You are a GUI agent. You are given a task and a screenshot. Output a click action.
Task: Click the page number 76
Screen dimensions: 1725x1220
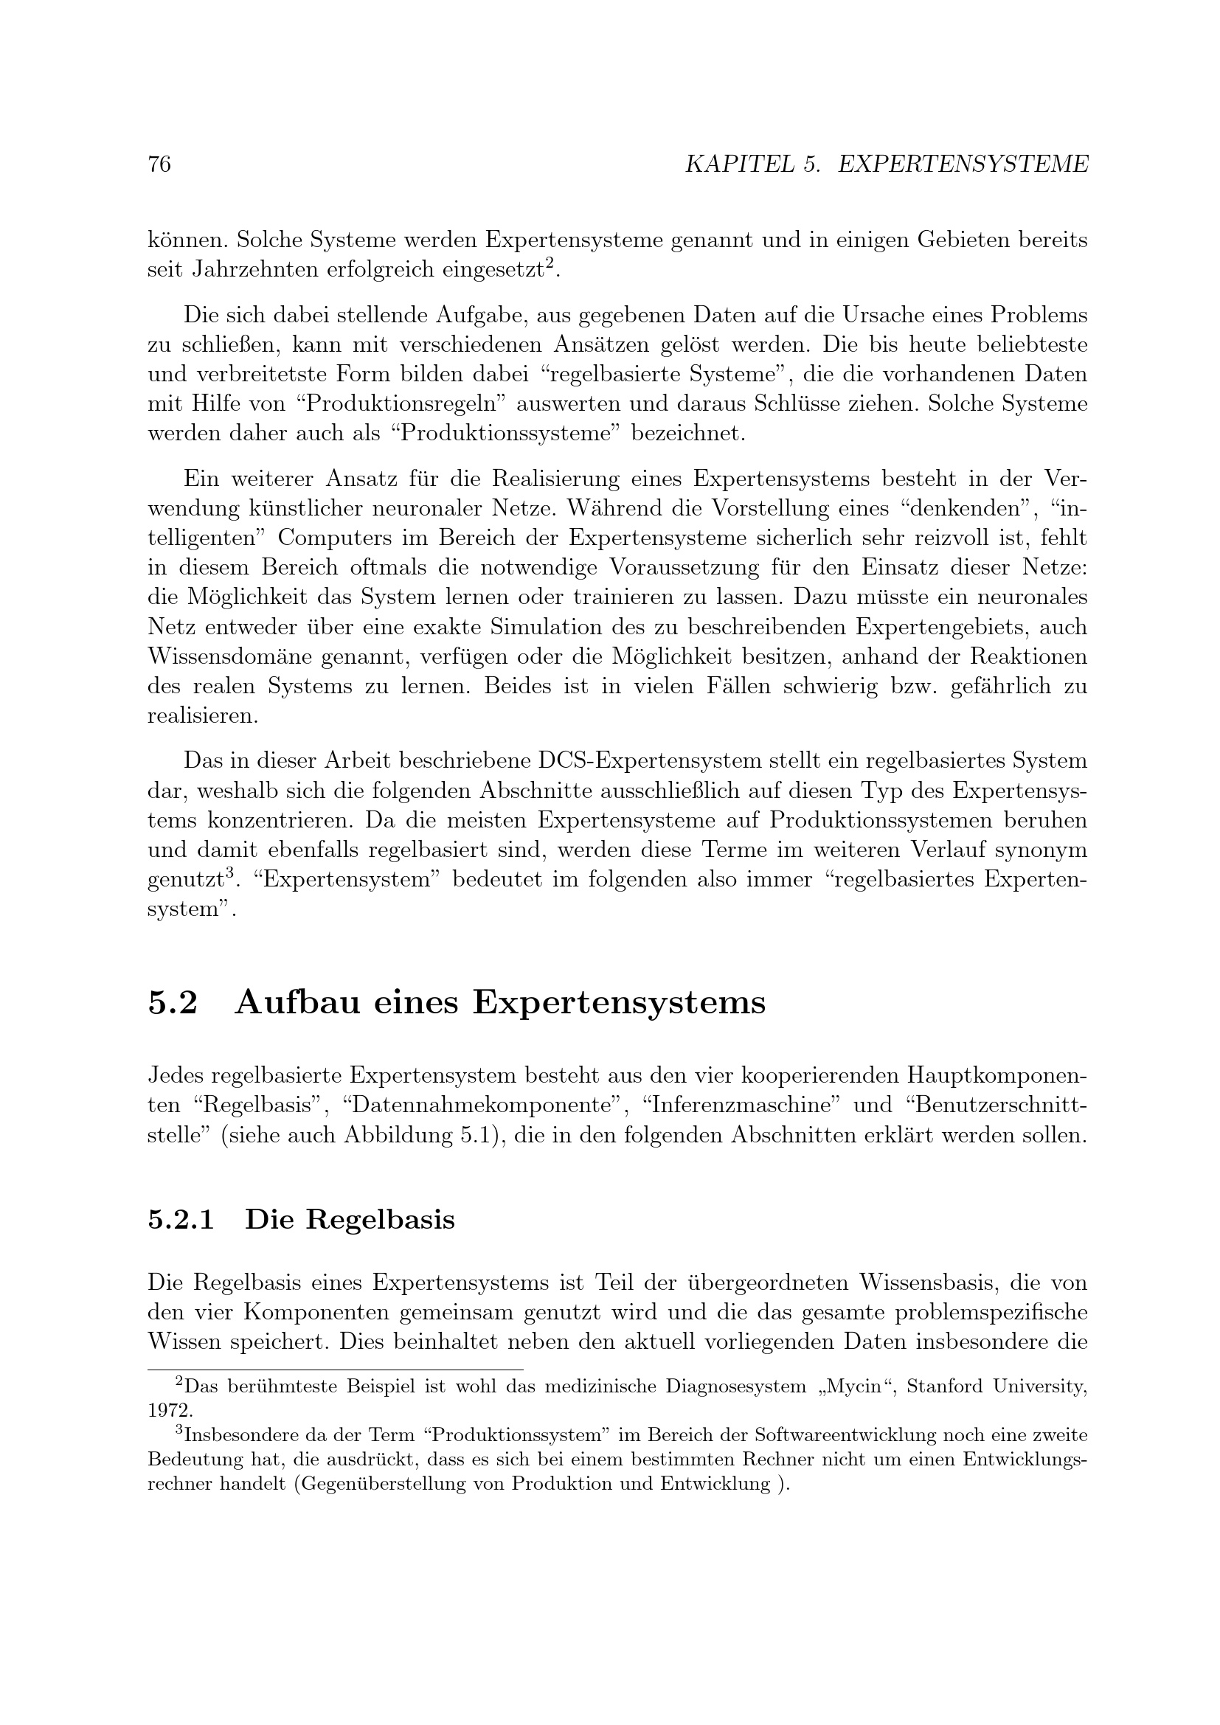[159, 164]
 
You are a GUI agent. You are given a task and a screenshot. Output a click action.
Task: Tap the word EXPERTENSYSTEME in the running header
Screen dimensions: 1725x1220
[963, 164]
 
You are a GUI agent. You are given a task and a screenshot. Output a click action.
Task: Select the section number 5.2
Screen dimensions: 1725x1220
[173, 1003]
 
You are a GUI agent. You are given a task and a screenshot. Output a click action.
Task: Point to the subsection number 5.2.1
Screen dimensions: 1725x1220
[181, 1219]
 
